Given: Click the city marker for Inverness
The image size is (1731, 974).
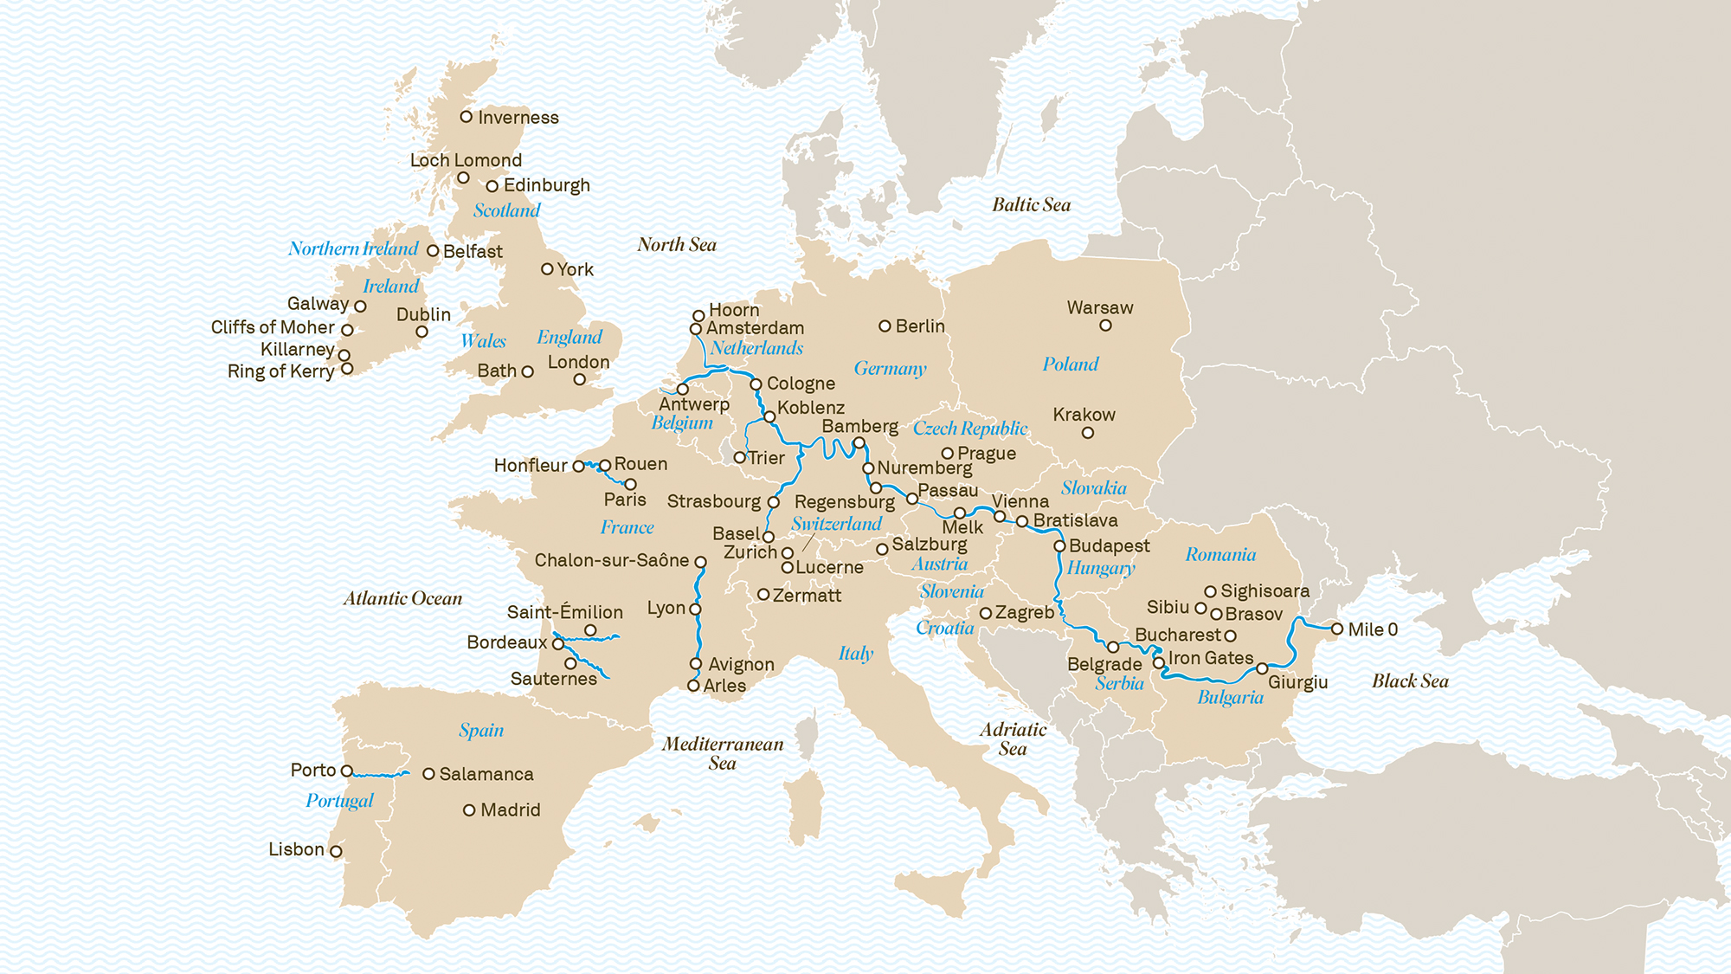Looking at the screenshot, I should (x=466, y=116).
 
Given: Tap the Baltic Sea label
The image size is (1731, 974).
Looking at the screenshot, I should (x=1031, y=205).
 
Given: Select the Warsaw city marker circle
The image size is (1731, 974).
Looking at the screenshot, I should (x=1105, y=326).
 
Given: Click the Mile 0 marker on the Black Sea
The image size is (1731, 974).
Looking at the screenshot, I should (x=1337, y=629).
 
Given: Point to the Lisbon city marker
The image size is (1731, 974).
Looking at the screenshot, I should (x=336, y=851).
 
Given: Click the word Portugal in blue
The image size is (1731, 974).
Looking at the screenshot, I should (x=339, y=801).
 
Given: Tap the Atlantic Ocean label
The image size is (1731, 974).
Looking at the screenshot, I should (x=402, y=598).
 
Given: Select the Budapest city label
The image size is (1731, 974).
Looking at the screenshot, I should (x=1109, y=546).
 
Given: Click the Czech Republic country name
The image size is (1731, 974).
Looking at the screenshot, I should (x=969, y=429).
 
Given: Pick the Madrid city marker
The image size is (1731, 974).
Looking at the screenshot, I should (x=469, y=810).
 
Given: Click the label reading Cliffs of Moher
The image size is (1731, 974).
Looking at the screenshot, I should (x=273, y=327).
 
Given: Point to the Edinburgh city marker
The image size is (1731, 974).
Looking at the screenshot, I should (x=492, y=186).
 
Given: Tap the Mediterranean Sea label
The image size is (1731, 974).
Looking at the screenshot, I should (x=723, y=753).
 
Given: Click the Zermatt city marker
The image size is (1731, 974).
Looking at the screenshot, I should (x=763, y=595).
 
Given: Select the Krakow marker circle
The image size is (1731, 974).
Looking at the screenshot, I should (x=1088, y=433).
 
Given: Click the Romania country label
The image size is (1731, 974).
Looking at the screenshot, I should (x=1220, y=555).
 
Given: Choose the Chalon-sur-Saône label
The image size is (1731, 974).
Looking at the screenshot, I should (x=611, y=560).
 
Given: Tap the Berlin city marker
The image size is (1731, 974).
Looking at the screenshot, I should (x=885, y=326).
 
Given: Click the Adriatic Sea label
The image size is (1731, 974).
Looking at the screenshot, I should (x=1013, y=739).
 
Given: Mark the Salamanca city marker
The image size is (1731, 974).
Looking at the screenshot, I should (x=428, y=774).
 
